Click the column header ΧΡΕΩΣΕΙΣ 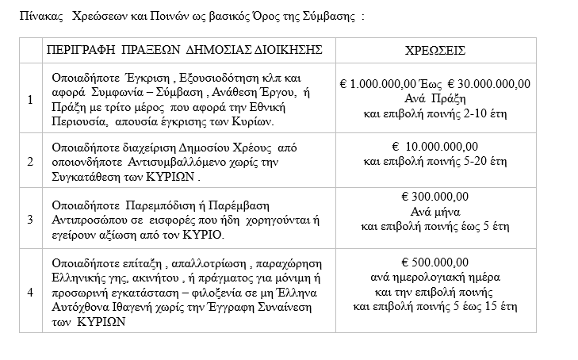click(435, 49)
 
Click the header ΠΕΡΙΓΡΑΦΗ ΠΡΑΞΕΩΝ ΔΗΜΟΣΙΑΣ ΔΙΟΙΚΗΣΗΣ click(185, 49)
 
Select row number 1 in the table click(30, 100)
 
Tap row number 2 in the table click(30, 161)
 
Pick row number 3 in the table click(30, 219)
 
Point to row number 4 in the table click(30, 291)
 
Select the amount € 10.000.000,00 click(435, 146)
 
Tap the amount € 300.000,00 click(435, 197)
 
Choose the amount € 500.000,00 click(435, 262)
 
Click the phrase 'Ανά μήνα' click(434, 212)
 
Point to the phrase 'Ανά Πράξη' click(434, 99)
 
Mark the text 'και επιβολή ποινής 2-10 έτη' click(434, 114)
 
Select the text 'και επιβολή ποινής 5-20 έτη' click(434, 161)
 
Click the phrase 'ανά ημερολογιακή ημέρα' click(434, 277)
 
